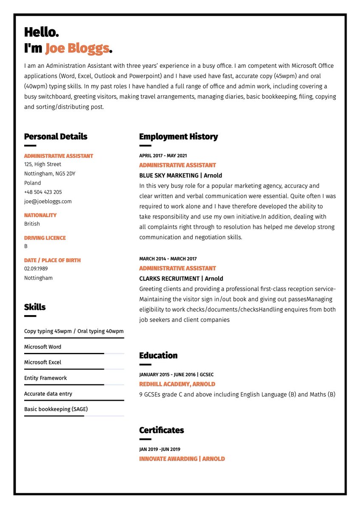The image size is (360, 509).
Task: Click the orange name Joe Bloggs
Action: (x=77, y=48)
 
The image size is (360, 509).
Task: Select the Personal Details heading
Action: (x=56, y=137)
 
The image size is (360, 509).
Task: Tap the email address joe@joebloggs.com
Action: (x=48, y=201)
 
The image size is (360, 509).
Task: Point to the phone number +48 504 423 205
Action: (x=43, y=192)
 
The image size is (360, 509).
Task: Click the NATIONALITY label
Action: (x=40, y=215)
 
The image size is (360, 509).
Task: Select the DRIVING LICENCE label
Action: (x=45, y=238)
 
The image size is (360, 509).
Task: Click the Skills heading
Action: (x=35, y=307)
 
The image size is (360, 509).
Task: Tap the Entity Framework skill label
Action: (x=45, y=378)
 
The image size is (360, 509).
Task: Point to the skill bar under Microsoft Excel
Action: (x=74, y=369)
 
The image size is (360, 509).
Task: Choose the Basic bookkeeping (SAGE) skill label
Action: (x=56, y=409)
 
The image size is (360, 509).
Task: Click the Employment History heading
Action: (x=178, y=137)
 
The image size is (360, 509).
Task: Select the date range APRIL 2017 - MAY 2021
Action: (x=163, y=156)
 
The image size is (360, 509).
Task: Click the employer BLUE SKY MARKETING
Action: (x=169, y=176)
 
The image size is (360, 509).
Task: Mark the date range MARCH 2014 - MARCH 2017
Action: (x=168, y=259)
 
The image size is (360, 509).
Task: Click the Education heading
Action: (x=158, y=355)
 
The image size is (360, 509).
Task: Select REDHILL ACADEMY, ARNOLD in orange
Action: (x=177, y=384)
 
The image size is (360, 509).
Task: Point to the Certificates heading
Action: (x=161, y=430)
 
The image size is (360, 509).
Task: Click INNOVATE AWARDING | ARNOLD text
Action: (x=182, y=459)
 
